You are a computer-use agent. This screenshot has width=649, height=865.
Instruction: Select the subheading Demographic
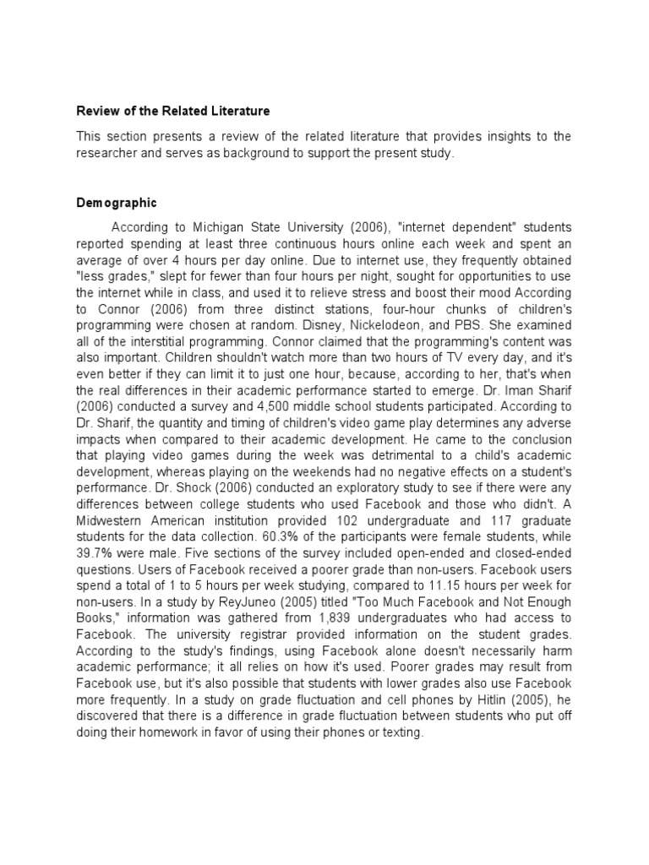coord(117,204)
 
